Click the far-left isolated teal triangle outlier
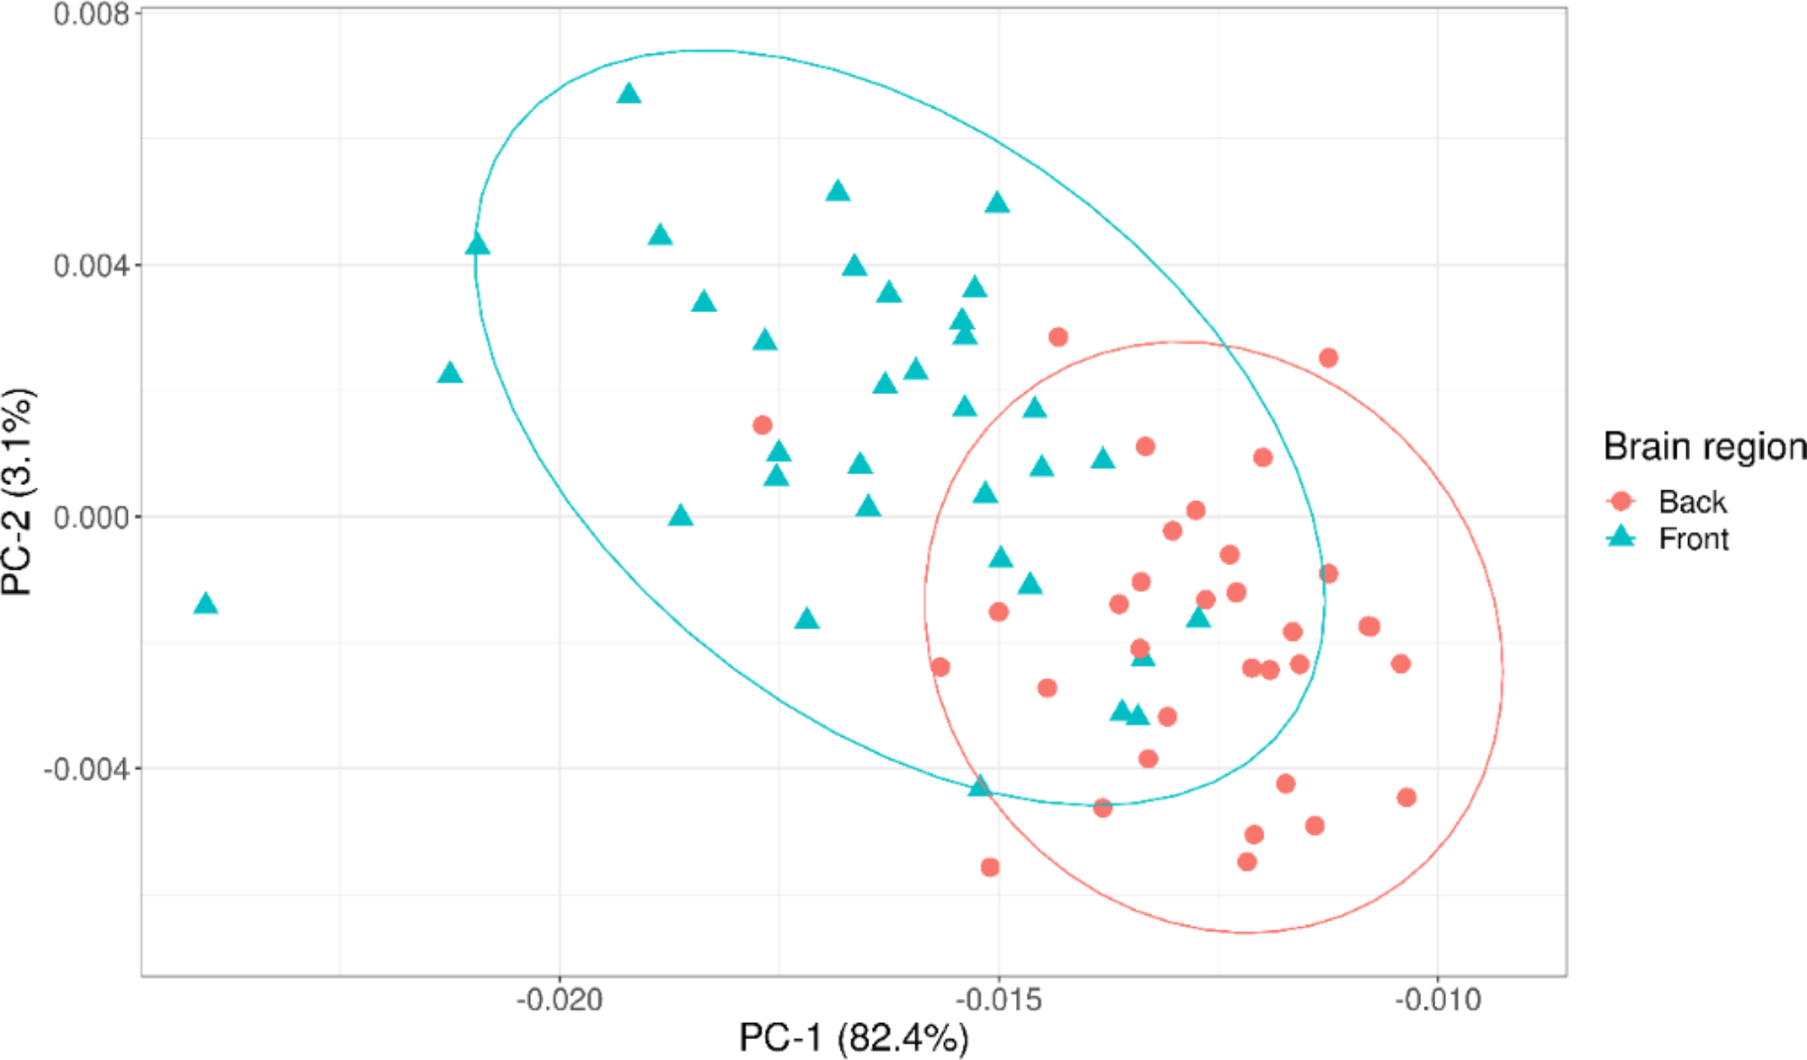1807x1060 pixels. click(206, 604)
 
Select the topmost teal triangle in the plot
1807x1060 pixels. click(629, 94)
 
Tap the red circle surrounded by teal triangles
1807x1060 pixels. click(762, 425)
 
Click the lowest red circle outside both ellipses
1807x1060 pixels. click(990, 867)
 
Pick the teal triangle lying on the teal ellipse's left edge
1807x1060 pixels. click(478, 245)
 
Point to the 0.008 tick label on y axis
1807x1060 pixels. click(91, 14)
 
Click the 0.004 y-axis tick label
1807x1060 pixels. click(91, 266)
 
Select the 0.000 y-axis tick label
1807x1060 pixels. click(91, 518)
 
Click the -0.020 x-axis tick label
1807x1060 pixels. click(559, 1000)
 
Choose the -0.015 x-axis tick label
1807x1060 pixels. click(998, 1000)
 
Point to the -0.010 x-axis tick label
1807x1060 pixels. click(1437, 1000)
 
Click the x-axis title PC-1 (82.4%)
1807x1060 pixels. click(853, 1038)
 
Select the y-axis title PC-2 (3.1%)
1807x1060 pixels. click(18, 491)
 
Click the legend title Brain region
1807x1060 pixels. click(1704, 446)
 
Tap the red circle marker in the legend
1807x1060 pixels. click(1622, 501)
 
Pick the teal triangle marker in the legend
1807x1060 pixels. click(1622, 538)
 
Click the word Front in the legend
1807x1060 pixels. click(1694, 539)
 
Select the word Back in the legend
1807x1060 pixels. click(1692, 501)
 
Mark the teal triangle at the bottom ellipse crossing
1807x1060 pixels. click(980, 786)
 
